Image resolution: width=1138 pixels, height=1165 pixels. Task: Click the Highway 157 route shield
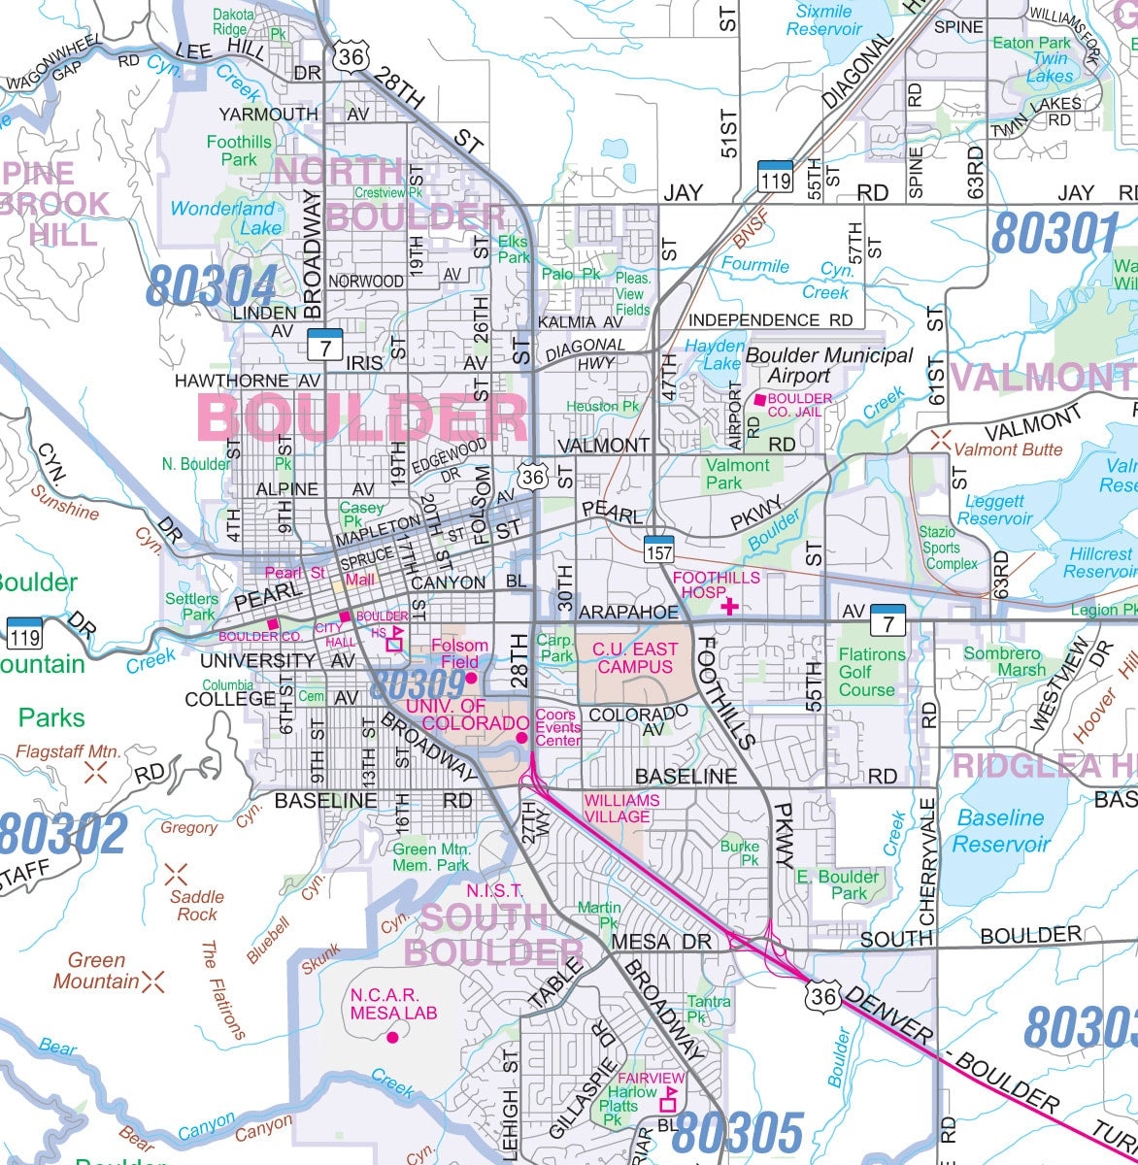click(659, 548)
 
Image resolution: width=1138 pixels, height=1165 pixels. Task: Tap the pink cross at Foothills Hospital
click(728, 607)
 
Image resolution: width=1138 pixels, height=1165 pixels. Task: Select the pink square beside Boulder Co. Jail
click(759, 400)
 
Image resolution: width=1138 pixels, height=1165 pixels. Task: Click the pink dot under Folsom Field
click(471, 678)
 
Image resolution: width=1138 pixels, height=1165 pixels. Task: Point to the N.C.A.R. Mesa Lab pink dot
click(392, 1038)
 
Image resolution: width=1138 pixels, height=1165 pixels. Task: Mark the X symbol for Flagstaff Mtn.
click(95, 773)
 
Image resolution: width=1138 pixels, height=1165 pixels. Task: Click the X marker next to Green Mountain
click(153, 982)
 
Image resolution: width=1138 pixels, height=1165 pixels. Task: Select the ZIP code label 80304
click(213, 285)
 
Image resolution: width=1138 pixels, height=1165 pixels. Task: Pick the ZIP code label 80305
click(738, 1134)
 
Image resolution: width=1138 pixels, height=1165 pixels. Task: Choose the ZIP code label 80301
click(1055, 233)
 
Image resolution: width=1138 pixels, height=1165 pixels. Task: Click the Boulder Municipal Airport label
click(815, 365)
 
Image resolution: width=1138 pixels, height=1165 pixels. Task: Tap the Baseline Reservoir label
click(1000, 831)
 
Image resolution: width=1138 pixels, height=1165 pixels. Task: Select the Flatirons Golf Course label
click(871, 672)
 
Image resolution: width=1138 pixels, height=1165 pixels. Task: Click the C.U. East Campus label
click(634, 657)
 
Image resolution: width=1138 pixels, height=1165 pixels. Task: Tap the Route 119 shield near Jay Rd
click(775, 175)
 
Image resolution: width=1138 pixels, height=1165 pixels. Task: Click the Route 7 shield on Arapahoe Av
click(887, 618)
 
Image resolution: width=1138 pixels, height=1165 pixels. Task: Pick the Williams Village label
click(620, 808)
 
